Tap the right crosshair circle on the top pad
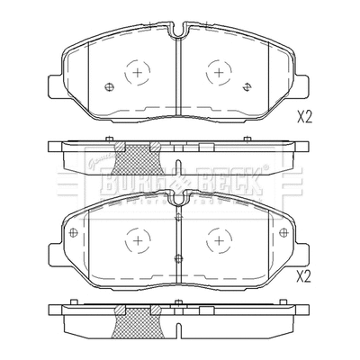point(219,72)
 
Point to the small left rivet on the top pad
point(109,87)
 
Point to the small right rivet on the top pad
point(247,87)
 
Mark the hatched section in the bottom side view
point(134,319)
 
